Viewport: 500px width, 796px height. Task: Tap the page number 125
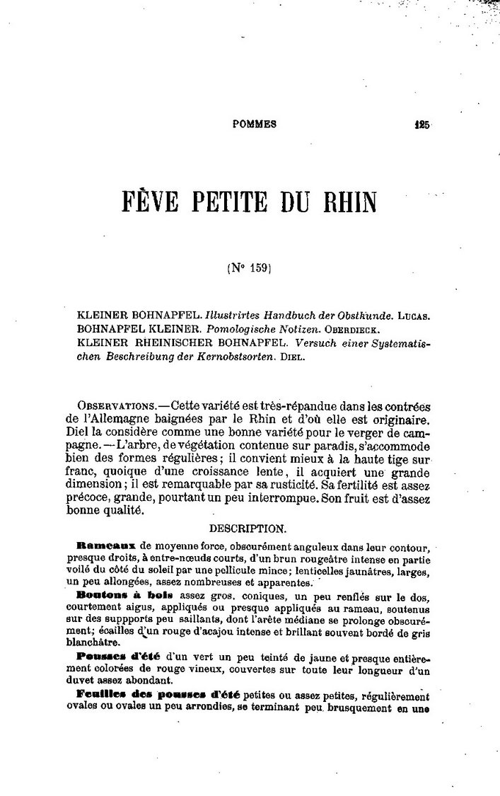[422, 124]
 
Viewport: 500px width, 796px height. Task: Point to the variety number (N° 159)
[250, 268]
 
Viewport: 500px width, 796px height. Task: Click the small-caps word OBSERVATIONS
[114, 405]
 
